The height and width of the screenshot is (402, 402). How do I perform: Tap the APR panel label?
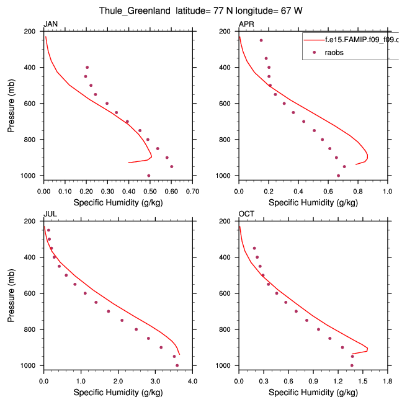coord(246,24)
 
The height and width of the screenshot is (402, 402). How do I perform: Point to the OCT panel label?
coord(246,214)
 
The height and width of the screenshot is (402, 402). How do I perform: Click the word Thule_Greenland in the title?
coord(132,11)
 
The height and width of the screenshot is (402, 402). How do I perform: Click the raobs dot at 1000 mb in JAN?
coord(149,176)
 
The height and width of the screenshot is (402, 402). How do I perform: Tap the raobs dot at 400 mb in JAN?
coord(87,67)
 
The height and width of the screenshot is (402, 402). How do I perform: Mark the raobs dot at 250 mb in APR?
coord(261,40)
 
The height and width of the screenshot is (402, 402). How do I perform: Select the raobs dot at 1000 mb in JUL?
coord(177,365)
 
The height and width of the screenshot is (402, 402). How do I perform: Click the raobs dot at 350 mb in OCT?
coord(254,248)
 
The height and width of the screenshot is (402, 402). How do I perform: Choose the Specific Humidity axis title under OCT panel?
coord(313,393)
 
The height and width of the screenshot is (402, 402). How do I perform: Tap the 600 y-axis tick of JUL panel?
coord(30,293)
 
